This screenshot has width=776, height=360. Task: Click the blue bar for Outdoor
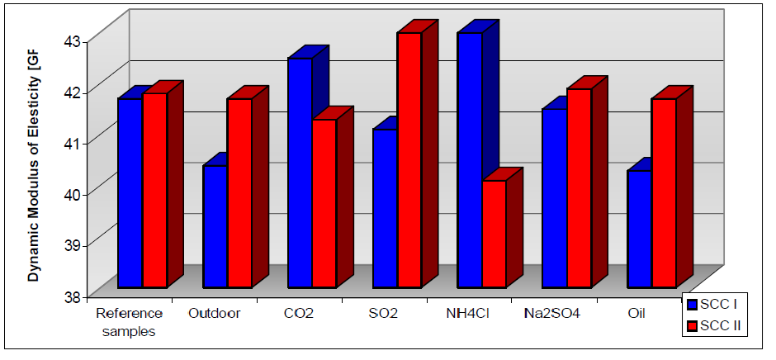tap(215, 226)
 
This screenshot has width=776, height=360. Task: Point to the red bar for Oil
tap(664, 193)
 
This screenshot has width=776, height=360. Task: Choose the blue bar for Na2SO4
tap(555, 198)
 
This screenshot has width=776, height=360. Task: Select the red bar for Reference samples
tap(154, 190)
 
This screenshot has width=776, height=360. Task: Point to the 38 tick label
tap(73, 296)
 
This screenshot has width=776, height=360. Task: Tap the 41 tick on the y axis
tap(73, 143)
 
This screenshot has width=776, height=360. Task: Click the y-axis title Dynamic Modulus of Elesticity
tap(34, 157)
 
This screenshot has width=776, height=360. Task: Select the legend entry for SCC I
tap(714, 306)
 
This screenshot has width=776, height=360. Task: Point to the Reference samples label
tap(130, 322)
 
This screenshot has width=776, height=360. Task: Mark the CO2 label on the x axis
tap(300, 314)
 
